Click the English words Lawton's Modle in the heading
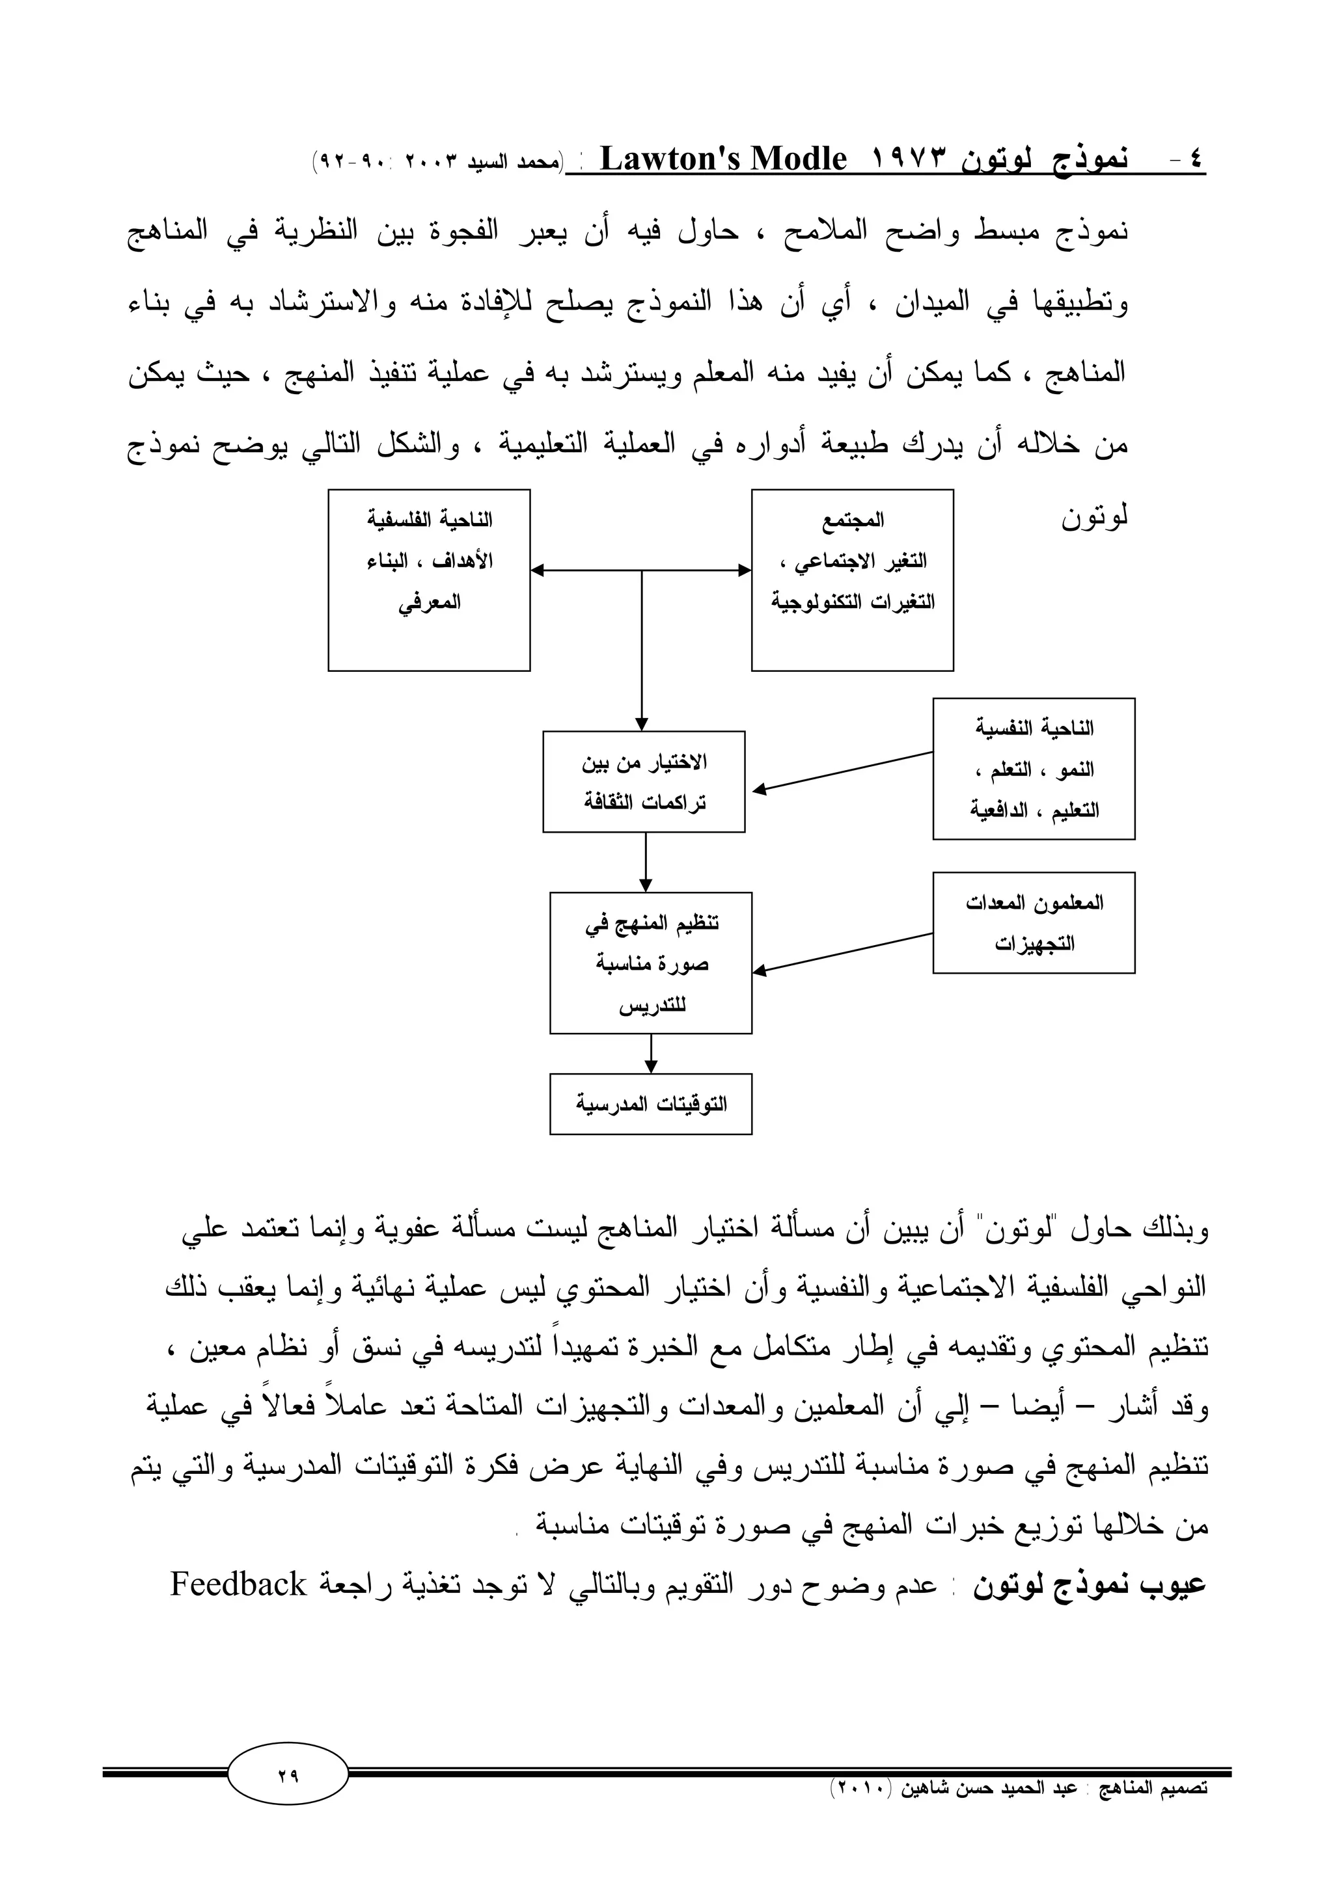point(722,159)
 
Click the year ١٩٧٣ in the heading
point(907,159)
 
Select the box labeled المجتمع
point(852,580)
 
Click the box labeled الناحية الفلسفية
point(429,580)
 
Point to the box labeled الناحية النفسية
point(1033,768)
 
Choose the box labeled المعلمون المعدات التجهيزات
point(1033,923)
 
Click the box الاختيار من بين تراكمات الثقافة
point(643,782)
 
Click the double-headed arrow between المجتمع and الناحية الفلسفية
point(640,570)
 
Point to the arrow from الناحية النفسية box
point(842,771)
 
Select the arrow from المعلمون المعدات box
point(842,953)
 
